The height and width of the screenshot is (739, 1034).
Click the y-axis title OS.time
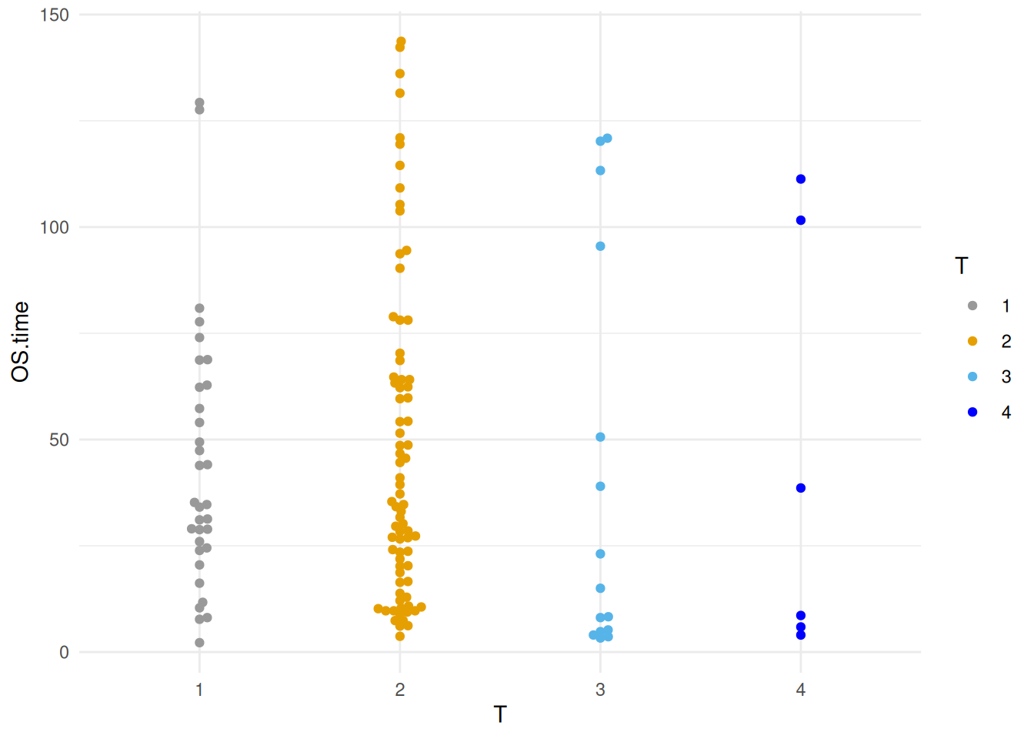21,341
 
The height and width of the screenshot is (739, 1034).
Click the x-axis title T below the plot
500,715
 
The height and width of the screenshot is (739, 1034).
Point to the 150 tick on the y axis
54,15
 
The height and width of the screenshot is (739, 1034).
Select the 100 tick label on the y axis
54,228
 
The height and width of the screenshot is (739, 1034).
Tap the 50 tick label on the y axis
58,440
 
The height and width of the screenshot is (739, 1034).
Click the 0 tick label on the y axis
64,653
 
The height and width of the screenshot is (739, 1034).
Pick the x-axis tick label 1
199,690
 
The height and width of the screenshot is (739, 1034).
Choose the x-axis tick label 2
400,690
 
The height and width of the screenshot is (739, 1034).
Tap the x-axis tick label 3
600,690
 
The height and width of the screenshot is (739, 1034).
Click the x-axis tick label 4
801,690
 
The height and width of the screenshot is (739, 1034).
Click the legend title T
961,266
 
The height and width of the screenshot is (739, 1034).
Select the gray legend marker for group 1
972,306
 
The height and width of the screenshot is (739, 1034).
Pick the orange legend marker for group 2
972,342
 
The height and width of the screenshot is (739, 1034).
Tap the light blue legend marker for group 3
972,377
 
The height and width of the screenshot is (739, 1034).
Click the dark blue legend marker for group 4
972,413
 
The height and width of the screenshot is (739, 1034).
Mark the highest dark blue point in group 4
801,179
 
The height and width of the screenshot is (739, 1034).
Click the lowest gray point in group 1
199,643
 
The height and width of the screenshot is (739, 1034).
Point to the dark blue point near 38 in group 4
801,488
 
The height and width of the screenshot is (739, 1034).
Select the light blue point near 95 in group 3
600,246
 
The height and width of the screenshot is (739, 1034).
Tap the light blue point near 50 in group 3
600,437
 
